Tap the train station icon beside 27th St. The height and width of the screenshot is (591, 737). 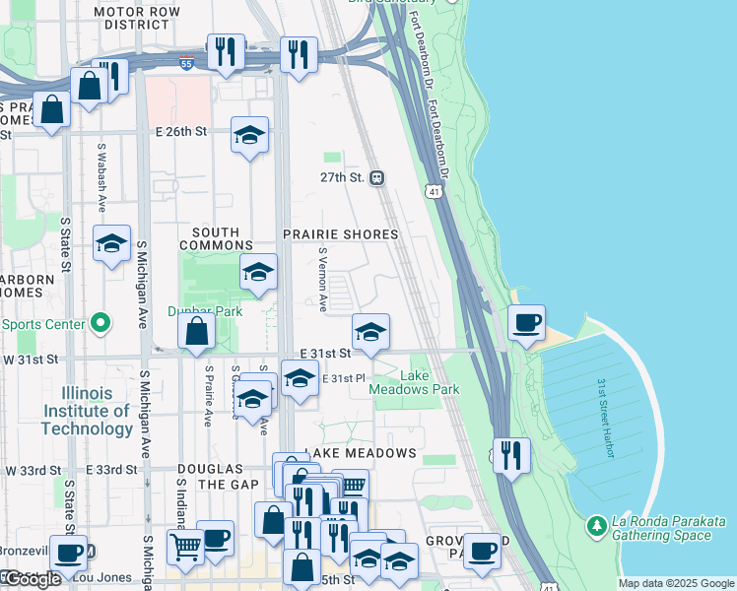(x=376, y=178)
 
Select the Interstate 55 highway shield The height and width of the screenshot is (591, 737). (x=187, y=63)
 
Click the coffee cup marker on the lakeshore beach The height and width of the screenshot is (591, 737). (x=525, y=323)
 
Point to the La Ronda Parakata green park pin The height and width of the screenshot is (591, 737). (x=595, y=528)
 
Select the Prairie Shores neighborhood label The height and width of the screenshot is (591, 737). (x=341, y=234)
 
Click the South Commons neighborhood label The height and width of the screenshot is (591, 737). (x=216, y=237)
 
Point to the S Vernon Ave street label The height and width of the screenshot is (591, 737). (x=322, y=279)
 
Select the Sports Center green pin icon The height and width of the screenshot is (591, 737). (x=99, y=322)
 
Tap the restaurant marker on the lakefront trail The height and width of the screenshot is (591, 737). (x=510, y=455)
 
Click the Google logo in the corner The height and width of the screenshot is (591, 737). (x=32, y=579)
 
